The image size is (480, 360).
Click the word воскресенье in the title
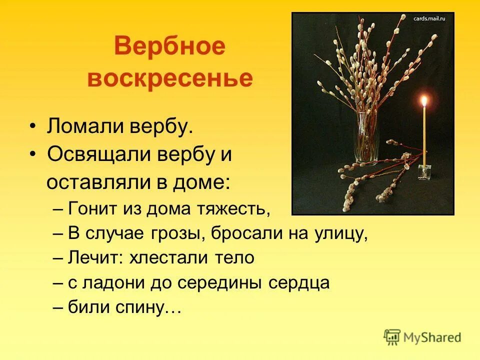(x=170, y=79)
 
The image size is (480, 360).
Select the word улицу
(x=343, y=233)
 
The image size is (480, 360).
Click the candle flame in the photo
(x=424, y=101)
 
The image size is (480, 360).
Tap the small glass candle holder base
(x=424, y=171)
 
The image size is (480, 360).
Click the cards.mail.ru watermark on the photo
(x=429, y=18)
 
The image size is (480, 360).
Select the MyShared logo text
(x=432, y=337)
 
